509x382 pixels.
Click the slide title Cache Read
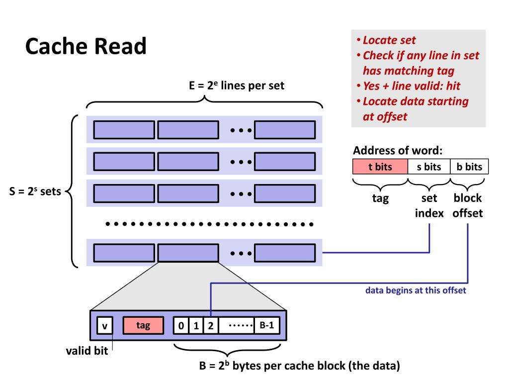(x=86, y=47)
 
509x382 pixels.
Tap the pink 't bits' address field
(x=380, y=167)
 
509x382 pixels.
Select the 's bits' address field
(x=429, y=167)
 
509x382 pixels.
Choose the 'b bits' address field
(x=470, y=167)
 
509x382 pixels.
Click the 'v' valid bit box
(x=105, y=326)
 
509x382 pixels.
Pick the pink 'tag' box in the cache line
(x=143, y=326)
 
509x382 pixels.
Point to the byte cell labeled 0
(x=181, y=326)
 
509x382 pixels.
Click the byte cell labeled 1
(x=196, y=326)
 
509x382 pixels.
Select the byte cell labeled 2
(x=210, y=326)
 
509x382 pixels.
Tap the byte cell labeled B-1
(x=267, y=326)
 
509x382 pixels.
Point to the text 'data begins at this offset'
(x=416, y=291)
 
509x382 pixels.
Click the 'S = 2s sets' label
(x=35, y=192)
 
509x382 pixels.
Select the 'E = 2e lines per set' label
(x=237, y=85)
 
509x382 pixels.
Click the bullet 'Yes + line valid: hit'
(x=412, y=86)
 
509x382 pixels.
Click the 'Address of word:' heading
(x=398, y=151)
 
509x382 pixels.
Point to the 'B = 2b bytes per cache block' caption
(x=299, y=367)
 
